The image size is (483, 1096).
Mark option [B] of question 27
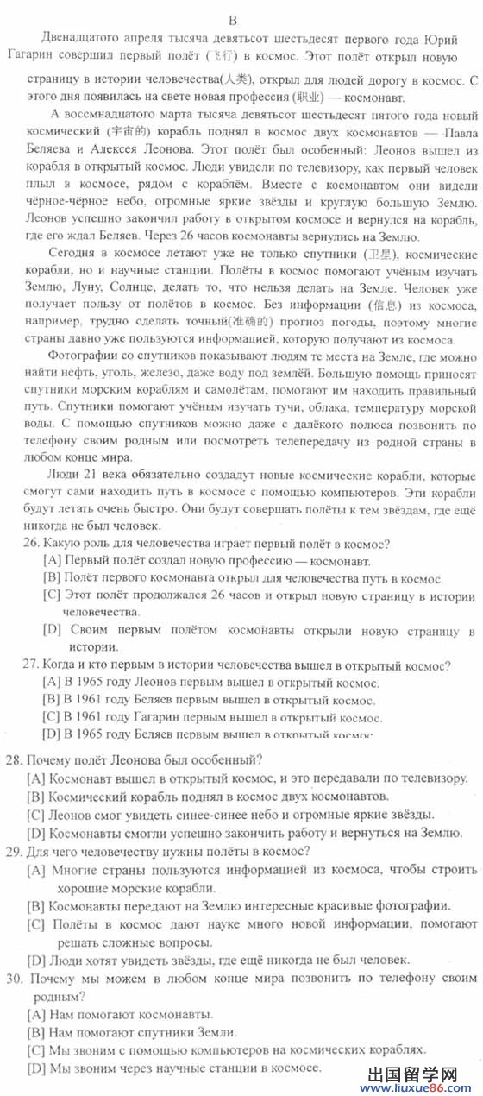pyautogui.click(x=51, y=700)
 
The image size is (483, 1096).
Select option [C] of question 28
pyautogui.click(x=35, y=814)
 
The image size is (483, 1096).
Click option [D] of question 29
pyautogui.click(x=35, y=959)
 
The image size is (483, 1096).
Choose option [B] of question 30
pyautogui.click(x=35, y=1033)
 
